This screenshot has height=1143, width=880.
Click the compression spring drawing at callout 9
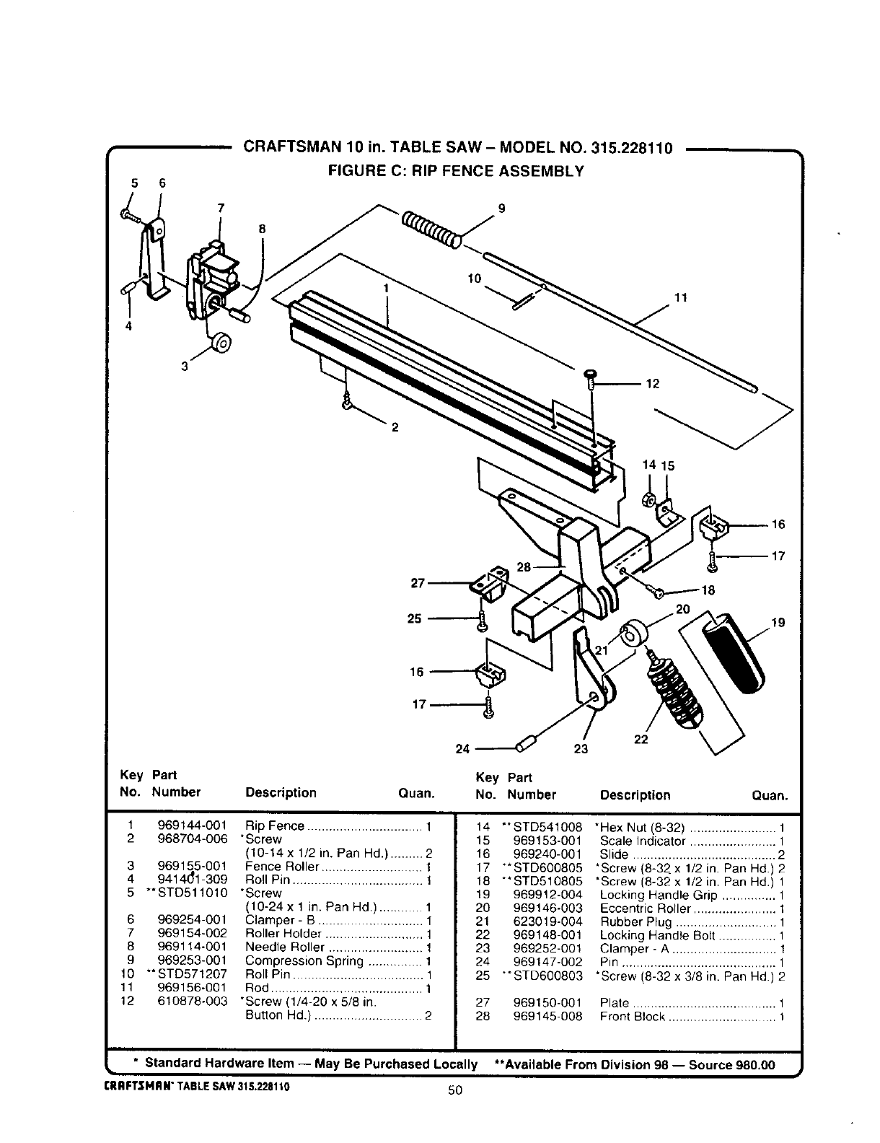[x=431, y=229]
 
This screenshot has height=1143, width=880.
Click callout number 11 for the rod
[x=680, y=297]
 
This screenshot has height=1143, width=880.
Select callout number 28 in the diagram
[x=524, y=567]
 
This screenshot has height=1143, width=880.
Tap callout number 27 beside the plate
[x=418, y=582]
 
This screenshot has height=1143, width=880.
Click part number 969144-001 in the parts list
[x=192, y=825]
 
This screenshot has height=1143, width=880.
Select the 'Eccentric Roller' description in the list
[x=645, y=908]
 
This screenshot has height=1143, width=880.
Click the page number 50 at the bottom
[x=454, y=1090]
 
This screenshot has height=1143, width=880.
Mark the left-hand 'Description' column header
[x=281, y=792]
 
